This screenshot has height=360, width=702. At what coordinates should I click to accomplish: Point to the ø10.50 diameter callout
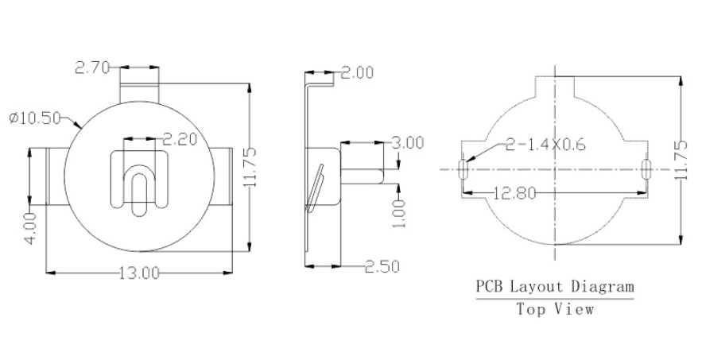click(x=36, y=118)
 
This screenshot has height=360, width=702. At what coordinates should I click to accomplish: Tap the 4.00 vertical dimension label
click(x=29, y=228)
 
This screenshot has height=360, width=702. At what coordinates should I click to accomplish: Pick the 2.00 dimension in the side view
click(x=357, y=73)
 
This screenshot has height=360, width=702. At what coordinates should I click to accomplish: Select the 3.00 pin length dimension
click(x=408, y=143)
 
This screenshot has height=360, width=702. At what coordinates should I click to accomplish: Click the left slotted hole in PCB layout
click(x=463, y=169)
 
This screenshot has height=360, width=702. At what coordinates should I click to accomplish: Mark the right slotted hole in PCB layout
click(x=646, y=169)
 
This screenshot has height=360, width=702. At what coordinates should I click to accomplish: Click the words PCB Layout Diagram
click(x=555, y=286)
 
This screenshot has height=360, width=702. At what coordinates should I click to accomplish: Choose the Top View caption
click(x=555, y=309)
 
